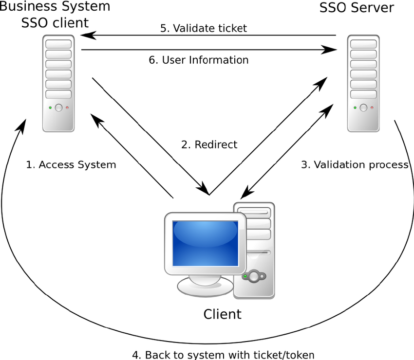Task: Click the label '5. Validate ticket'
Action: pos(204,28)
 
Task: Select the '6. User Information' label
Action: pos(199,60)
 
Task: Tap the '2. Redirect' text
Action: pos(209,144)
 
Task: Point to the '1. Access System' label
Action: pos(71,165)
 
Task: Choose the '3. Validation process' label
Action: pos(355,165)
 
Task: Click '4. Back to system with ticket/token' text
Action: pos(224,355)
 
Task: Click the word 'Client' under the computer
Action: pos(222,314)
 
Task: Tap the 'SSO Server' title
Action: pos(357,7)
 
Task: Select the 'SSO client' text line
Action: pos(55,23)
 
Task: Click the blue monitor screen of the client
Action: pos(205,243)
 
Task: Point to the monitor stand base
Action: pos(205,287)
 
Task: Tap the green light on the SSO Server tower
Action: pos(355,108)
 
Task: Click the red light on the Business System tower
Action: pos(67,108)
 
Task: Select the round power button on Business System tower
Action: pos(58,108)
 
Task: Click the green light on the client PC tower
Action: pos(245,276)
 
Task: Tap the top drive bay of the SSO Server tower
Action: pos(363,44)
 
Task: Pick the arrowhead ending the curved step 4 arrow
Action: pos(23,126)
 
